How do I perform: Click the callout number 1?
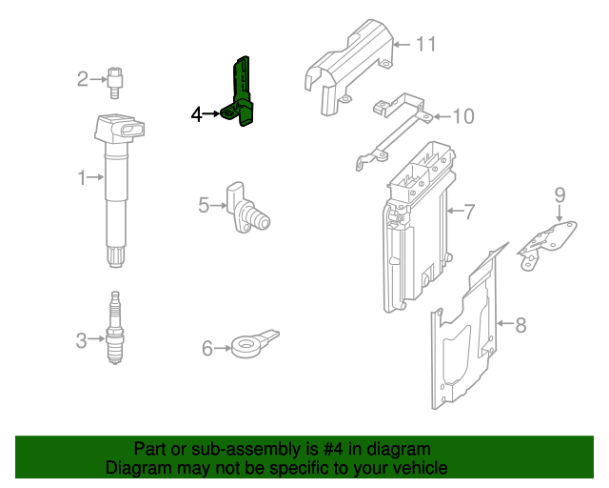pyautogui.click(x=83, y=176)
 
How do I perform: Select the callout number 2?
pyautogui.click(x=83, y=78)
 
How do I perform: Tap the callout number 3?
pyautogui.click(x=82, y=338)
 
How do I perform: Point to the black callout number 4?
pyautogui.click(x=197, y=114)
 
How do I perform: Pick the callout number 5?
pyautogui.click(x=204, y=204)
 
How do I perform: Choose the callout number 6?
pyautogui.click(x=207, y=349)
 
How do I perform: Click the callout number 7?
pyautogui.click(x=468, y=210)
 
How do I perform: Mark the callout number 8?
pyautogui.click(x=520, y=325)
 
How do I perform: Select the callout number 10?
pyautogui.click(x=462, y=116)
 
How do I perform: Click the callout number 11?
pyautogui.click(x=424, y=44)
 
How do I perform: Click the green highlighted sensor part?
pyautogui.click(x=243, y=92)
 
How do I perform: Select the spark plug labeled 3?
pyautogui.click(x=115, y=329)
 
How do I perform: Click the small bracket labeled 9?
pyautogui.click(x=549, y=240)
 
